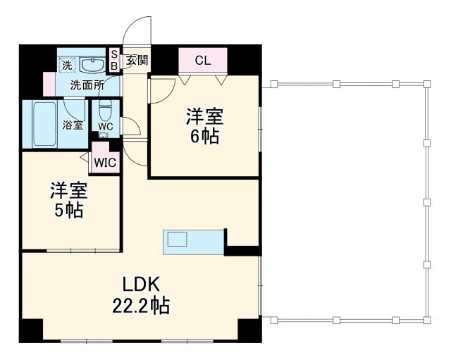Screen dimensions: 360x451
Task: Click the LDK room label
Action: [x=143, y=285]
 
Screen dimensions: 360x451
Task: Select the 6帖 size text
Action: [x=204, y=136]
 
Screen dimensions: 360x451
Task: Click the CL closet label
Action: [x=202, y=60]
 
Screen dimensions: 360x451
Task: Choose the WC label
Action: [x=106, y=127]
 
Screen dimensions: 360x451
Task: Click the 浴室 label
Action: [x=73, y=125]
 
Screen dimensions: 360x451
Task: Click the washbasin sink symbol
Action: [x=92, y=65]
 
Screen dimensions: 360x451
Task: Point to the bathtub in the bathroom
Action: [x=40, y=124]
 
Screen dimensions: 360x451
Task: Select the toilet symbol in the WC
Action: [x=106, y=111]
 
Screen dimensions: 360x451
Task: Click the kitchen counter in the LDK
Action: [x=194, y=240]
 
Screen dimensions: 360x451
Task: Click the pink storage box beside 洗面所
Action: [x=49, y=84]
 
